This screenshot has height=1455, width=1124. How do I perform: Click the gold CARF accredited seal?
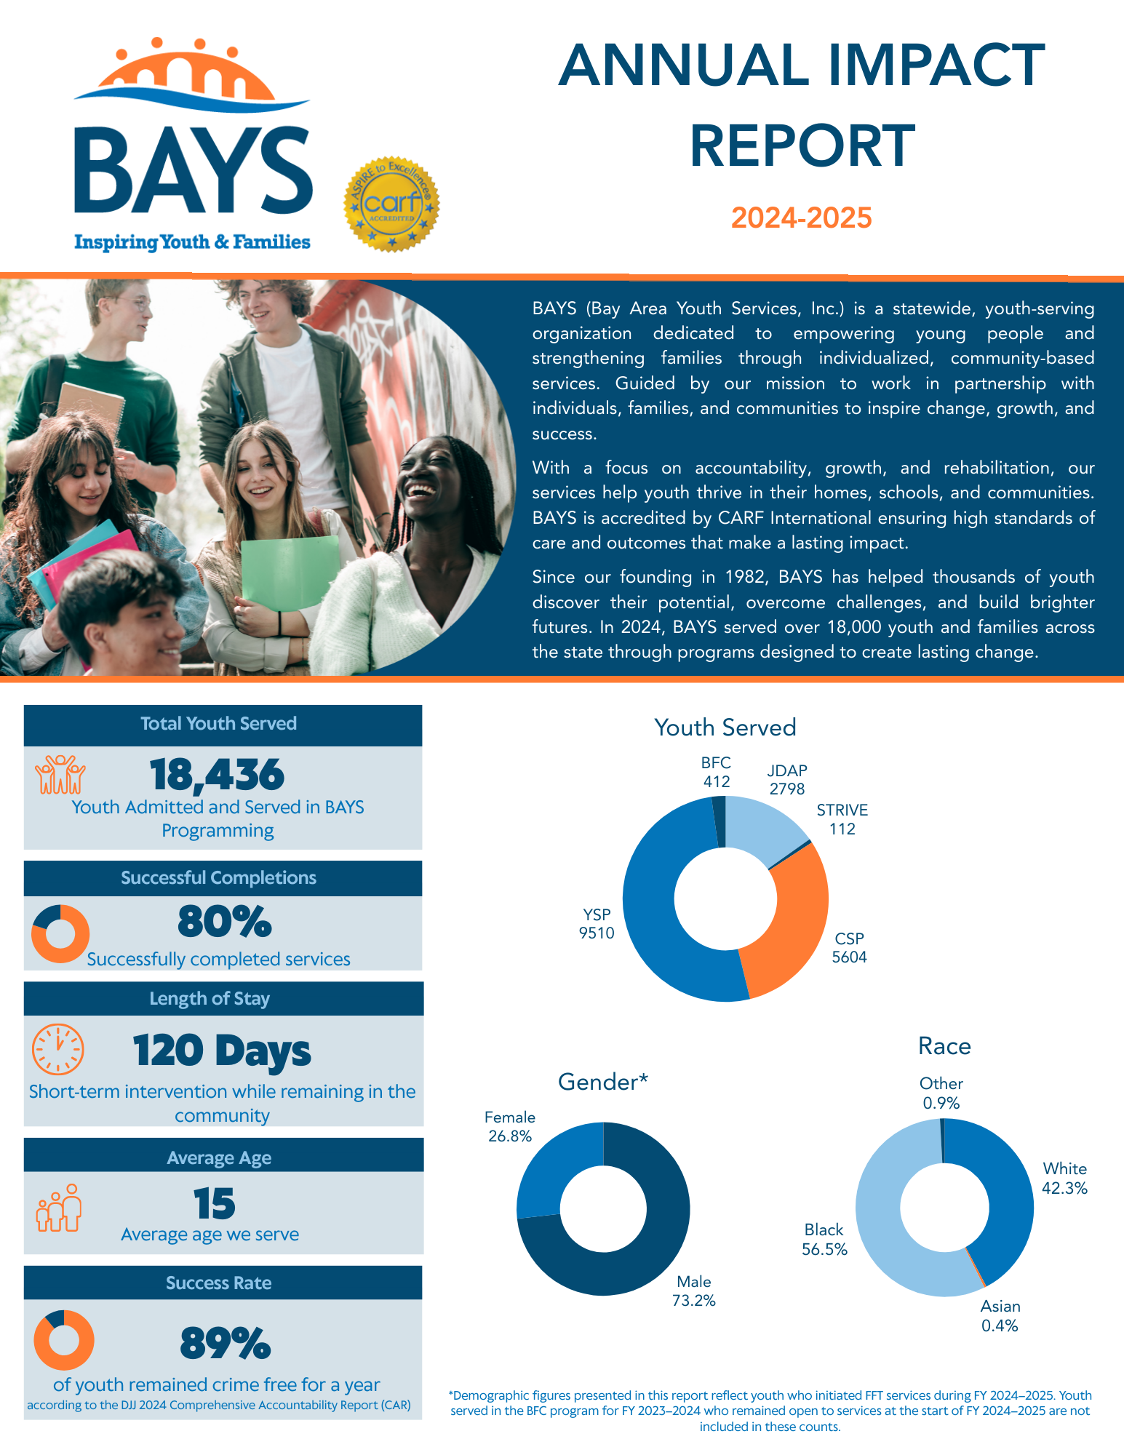[x=391, y=204]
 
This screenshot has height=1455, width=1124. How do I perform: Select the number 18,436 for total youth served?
[x=217, y=775]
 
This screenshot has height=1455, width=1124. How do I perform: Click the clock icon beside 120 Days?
[x=58, y=1050]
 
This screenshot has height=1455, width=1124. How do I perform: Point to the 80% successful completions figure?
[x=225, y=922]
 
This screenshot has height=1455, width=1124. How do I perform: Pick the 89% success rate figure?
[x=226, y=1344]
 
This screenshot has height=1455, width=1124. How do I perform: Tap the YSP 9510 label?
[x=597, y=924]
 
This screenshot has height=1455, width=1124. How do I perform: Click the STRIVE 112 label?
[x=842, y=820]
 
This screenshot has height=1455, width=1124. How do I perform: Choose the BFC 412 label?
[x=716, y=772]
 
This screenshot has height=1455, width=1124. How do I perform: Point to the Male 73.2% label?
[x=694, y=1291]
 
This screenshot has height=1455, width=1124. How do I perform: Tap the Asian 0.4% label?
[x=1000, y=1316]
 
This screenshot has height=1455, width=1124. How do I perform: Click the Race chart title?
[x=944, y=1046]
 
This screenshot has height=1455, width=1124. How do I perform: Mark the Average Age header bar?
[x=223, y=1158]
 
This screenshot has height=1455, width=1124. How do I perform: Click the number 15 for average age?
[x=215, y=1204]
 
